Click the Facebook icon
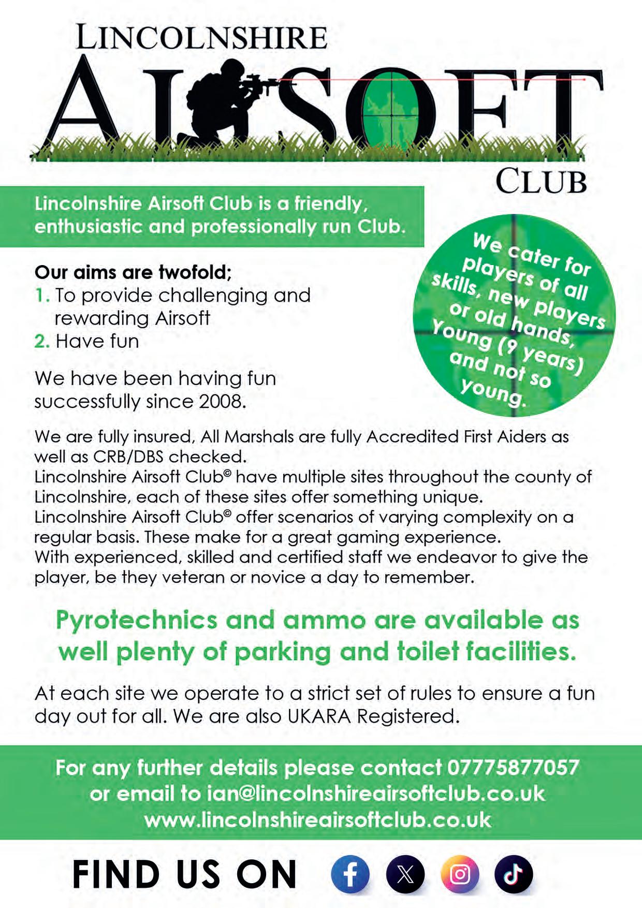tap(350, 874)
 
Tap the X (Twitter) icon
tap(405, 874)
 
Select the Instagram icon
tap(460, 874)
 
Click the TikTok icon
tap(514, 874)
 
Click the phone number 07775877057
tap(513, 767)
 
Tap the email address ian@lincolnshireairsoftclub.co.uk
tap(375, 794)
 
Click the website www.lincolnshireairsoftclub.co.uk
tap(317, 820)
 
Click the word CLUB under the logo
tap(541, 181)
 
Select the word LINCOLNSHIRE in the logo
tap(201, 38)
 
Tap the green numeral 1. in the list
tap(42, 296)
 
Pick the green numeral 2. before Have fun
tap(42, 342)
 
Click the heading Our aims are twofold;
tap(133, 272)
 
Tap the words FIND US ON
tap(184, 875)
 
